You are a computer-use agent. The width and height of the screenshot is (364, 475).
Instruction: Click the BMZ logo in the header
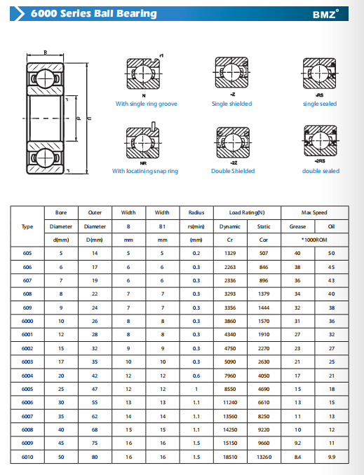pyautogui.click(x=326, y=14)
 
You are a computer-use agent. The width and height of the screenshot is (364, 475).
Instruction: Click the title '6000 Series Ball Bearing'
pyautogui.click(x=94, y=13)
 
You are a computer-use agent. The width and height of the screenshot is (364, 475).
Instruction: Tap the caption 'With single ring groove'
pyautogui.click(x=146, y=104)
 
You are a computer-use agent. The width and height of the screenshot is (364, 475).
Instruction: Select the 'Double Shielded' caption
pyautogui.click(x=233, y=171)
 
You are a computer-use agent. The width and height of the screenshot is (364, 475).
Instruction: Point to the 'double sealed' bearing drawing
pyautogui.click(x=321, y=141)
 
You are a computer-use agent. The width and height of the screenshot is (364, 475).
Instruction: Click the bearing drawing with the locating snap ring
pyautogui.click(x=142, y=141)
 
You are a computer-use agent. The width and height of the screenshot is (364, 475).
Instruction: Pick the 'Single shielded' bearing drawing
pyautogui.click(x=231, y=72)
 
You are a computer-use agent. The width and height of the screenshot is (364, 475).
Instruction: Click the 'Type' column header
pyautogui.click(x=27, y=226)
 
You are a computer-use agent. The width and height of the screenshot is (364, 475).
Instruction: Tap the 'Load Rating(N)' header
pyautogui.click(x=247, y=213)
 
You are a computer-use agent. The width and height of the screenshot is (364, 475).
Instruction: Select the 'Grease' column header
pyautogui.click(x=297, y=226)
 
